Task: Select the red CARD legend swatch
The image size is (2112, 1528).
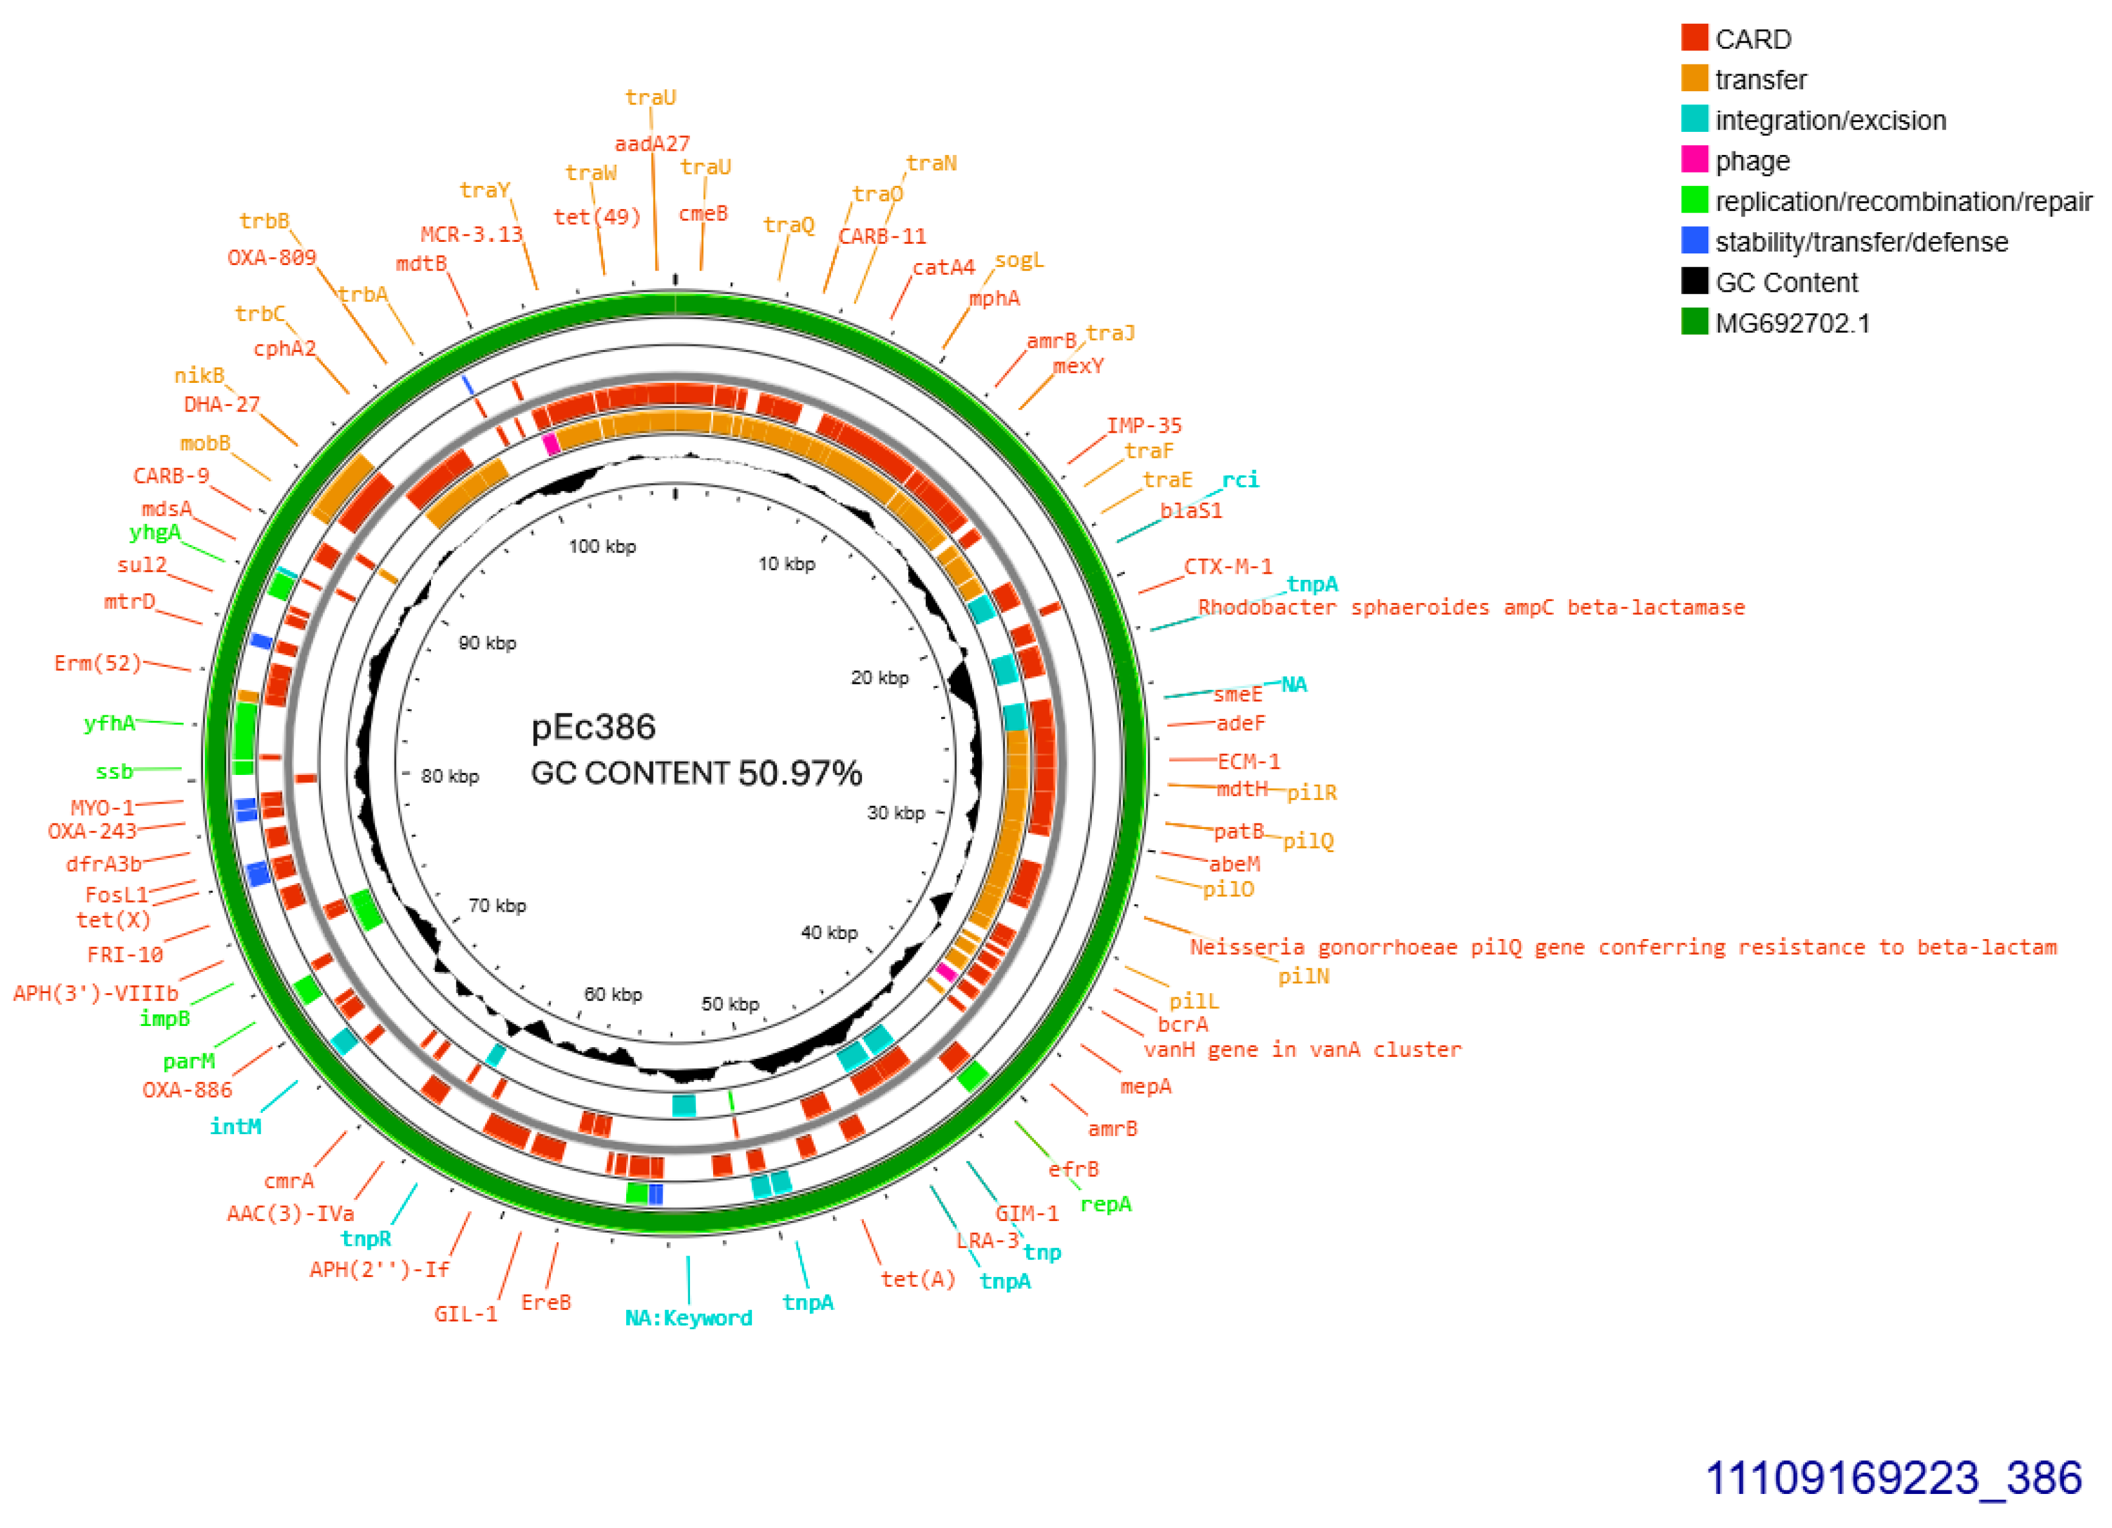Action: pos(1694,38)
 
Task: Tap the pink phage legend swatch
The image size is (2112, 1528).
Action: pos(1694,160)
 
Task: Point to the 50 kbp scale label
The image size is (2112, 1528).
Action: pos(730,1003)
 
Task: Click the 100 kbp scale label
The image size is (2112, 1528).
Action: pos(602,546)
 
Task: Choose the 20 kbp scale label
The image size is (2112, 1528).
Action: pos(879,678)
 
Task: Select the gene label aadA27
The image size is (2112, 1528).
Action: pos(652,143)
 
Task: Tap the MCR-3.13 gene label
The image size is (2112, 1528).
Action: pos(471,234)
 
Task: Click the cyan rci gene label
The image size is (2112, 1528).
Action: pos(1240,480)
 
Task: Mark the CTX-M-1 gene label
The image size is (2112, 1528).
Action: pos(1227,566)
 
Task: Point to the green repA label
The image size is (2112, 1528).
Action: pos(1105,1204)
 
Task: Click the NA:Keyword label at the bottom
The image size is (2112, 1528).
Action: pos(688,1318)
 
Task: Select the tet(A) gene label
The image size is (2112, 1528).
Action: pos(918,1279)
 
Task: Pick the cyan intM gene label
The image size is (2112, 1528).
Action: pos(236,1127)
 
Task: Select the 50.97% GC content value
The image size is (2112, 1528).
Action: pos(800,773)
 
